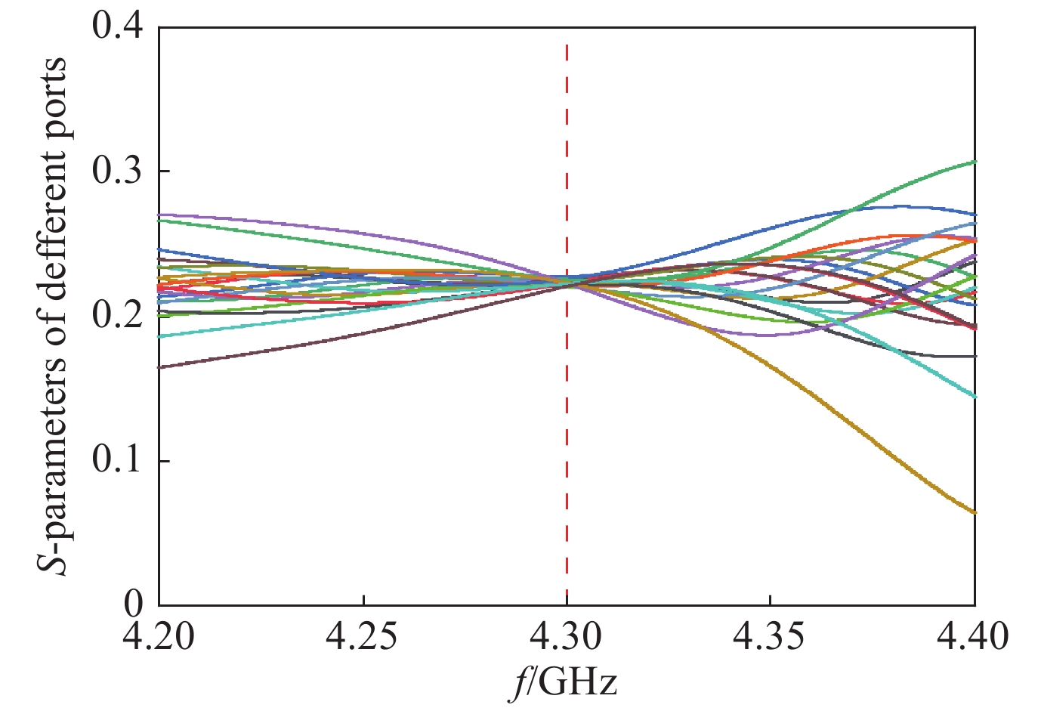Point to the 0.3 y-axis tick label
click(117, 172)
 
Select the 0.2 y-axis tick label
click(117, 316)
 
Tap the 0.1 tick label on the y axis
click(117, 460)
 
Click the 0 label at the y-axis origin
click(133, 604)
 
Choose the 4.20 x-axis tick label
click(159, 636)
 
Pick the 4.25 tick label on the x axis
click(363, 636)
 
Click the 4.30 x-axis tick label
click(567, 636)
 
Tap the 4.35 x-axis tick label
click(770, 636)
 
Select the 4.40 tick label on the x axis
click(973, 636)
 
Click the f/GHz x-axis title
click(562, 682)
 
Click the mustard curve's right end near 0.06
click(973, 512)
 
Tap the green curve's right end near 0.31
click(973, 162)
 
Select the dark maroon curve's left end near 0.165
click(162, 366)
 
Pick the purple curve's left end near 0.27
click(162, 215)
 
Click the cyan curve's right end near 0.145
click(973, 395)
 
